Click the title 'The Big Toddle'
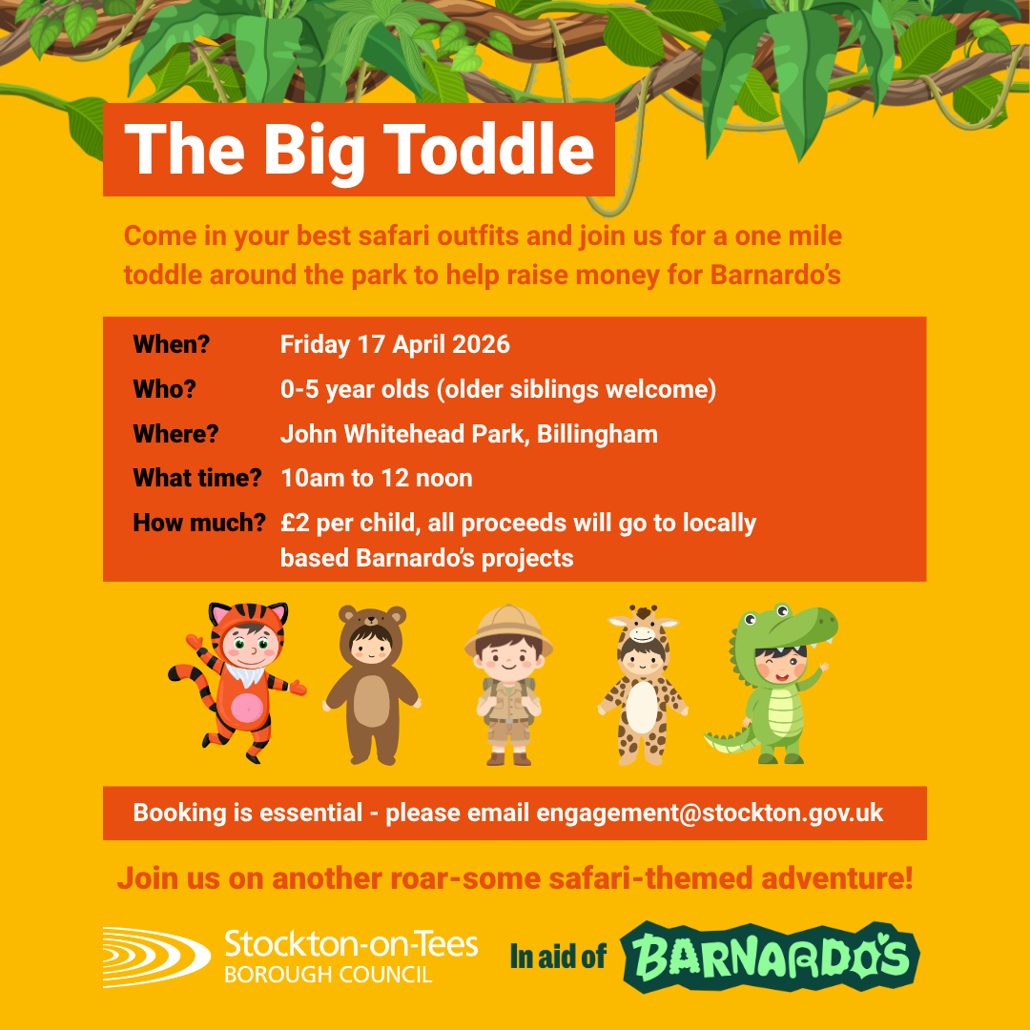point(359,149)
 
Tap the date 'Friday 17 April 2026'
point(395,344)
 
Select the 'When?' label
point(171,344)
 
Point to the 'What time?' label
point(196,478)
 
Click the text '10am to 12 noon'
point(377,478)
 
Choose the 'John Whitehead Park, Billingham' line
point(468,434)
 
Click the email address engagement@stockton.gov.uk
point(710,814)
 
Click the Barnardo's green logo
point(770,957)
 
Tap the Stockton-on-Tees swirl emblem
point(154,956)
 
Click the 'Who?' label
point(164,389)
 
